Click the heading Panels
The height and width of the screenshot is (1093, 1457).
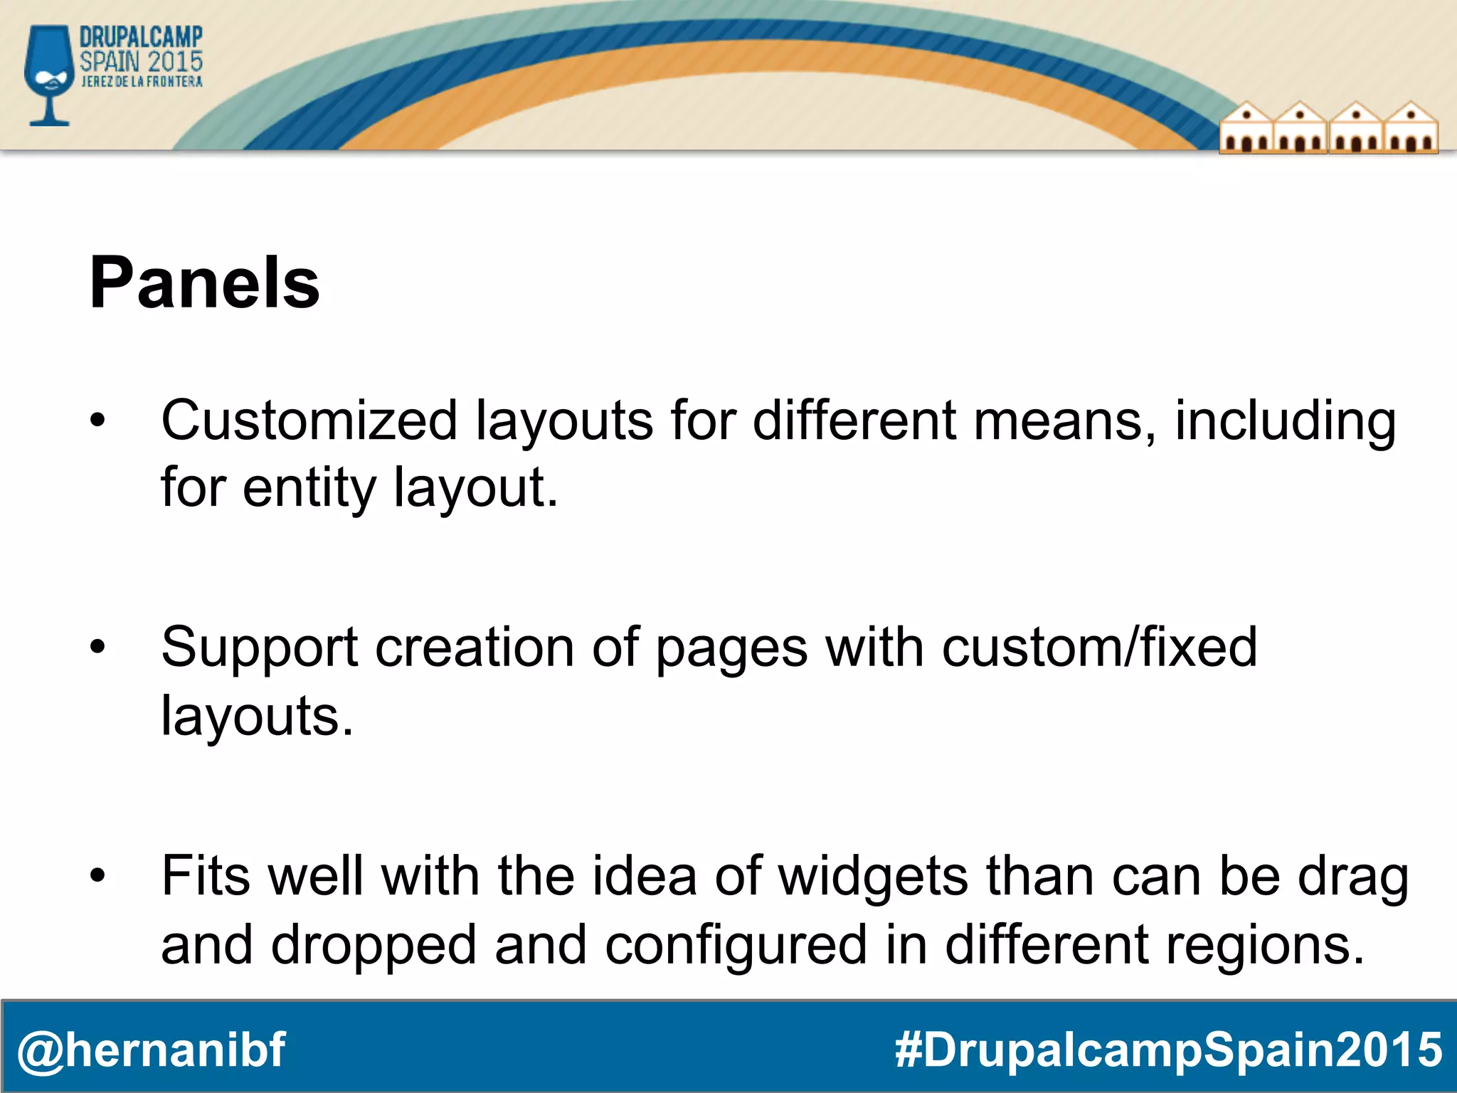205,283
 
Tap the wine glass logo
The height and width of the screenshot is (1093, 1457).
48,75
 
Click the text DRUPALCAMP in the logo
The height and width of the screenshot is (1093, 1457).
141,37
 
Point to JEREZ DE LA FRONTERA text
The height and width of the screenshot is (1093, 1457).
142,82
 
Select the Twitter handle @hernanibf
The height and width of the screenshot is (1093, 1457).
151,1050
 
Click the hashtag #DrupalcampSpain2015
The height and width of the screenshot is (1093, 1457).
1168,1050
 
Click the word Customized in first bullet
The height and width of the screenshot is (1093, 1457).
309,421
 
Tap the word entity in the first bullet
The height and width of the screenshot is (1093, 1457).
309,488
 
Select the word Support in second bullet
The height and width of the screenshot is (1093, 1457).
260,648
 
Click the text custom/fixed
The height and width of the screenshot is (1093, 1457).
1099,647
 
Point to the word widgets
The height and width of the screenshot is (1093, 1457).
874,876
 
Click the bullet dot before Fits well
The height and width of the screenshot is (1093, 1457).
97,875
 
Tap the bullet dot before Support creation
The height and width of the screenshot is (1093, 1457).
97,647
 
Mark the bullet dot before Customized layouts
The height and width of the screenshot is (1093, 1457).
97,421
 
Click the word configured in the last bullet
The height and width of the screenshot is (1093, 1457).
736,945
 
